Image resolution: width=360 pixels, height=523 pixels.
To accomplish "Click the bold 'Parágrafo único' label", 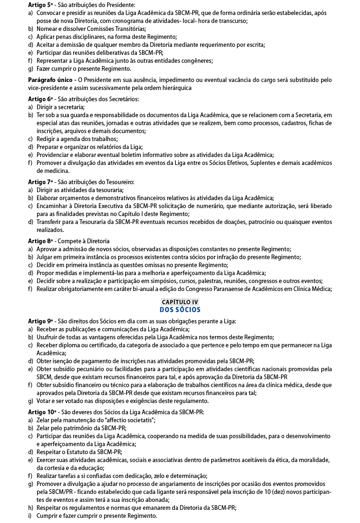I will pos(51,80).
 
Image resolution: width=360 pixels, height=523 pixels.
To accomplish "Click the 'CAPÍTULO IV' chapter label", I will pos(180,302).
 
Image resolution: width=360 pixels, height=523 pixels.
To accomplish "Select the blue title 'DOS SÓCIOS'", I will pos(180,310).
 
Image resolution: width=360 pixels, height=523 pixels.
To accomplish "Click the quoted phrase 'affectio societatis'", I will pos(126,420).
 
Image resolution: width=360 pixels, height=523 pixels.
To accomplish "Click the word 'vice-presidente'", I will pos(48,88).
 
